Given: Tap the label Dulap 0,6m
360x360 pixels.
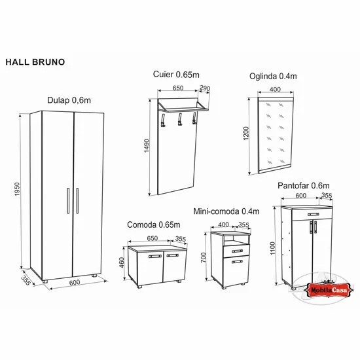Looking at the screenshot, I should point(69,99).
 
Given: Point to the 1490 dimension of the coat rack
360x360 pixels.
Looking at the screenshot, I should point(147,147).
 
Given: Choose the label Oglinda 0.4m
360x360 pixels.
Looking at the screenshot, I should point(273,76).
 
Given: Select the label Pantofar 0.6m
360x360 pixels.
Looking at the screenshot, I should point(303,185).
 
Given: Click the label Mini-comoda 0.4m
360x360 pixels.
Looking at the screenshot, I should point(227,211).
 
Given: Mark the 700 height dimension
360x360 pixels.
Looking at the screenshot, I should point(204,259).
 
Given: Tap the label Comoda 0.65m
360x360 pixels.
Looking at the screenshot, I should point(153,225).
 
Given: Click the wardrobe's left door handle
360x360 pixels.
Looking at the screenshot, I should point(67,201).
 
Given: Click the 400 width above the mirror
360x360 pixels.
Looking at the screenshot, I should point(275,89).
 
